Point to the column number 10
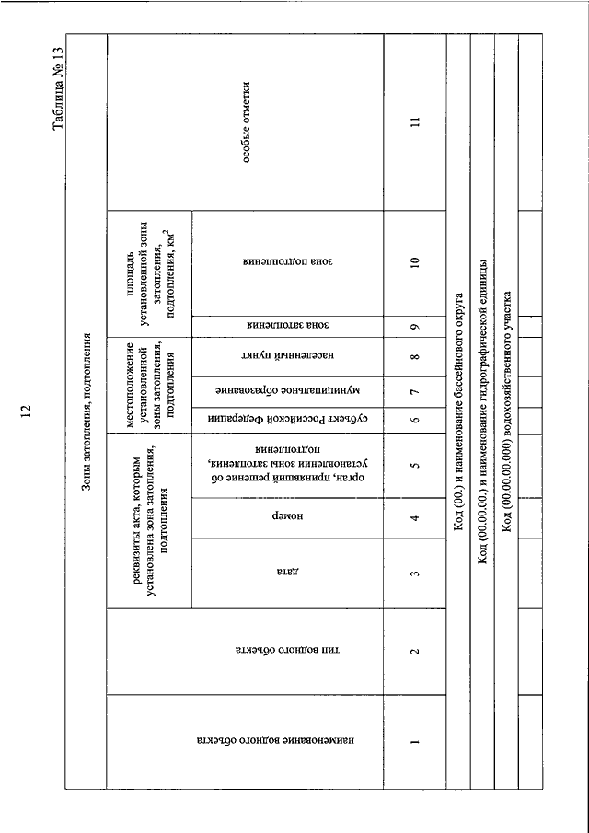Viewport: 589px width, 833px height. (x=415, y=262)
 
